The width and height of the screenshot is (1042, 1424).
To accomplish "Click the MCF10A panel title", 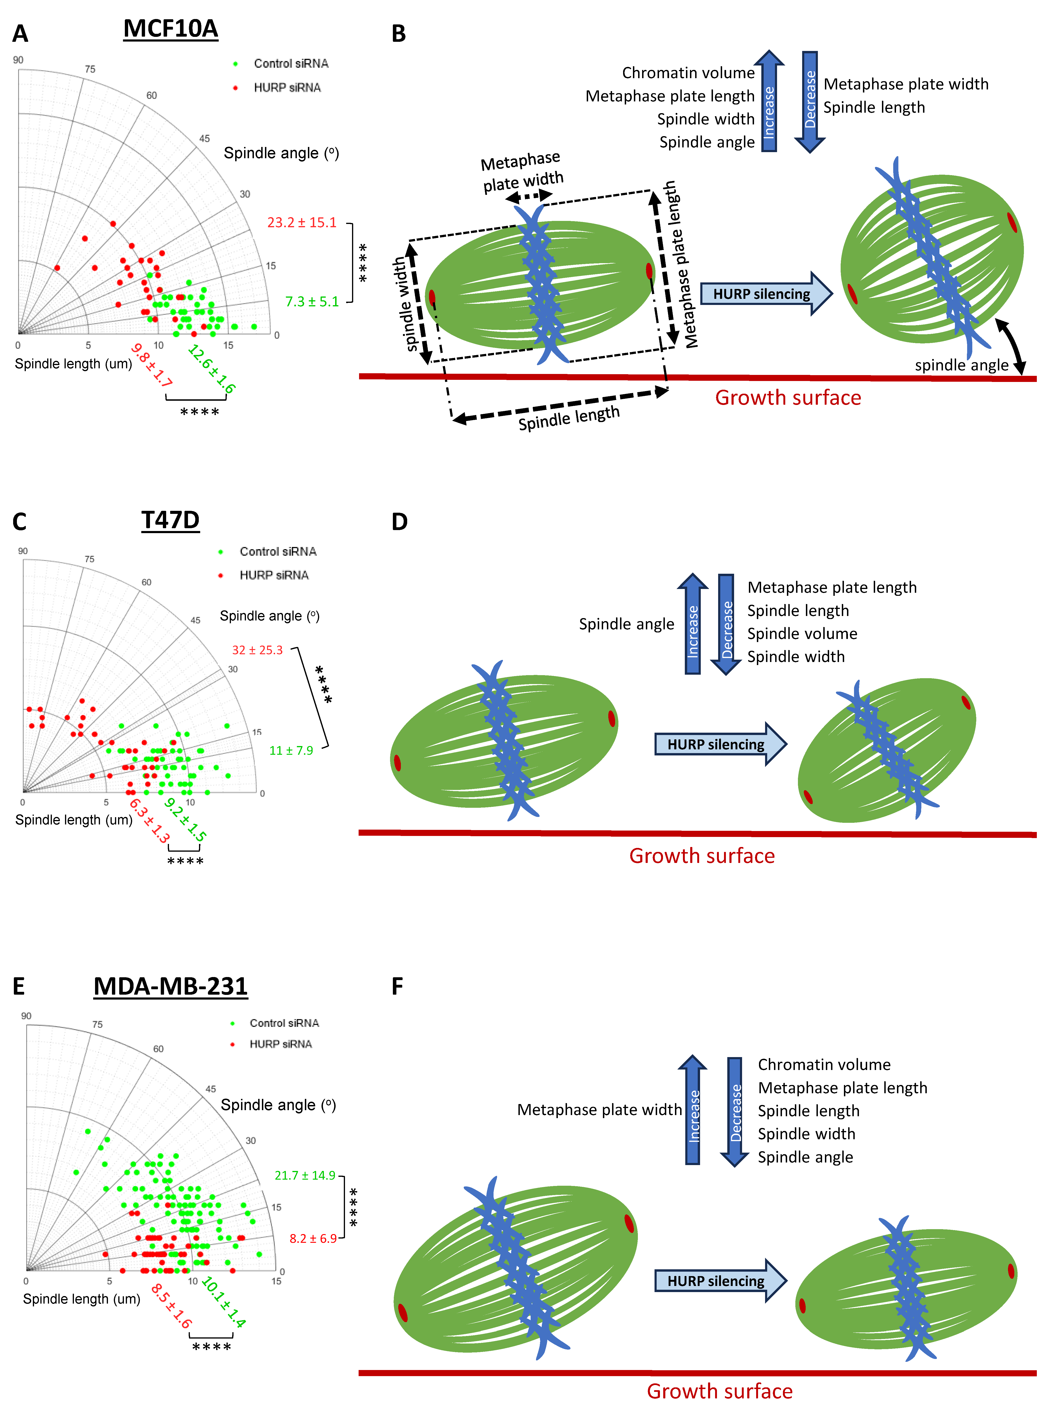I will click(x=170, y=29).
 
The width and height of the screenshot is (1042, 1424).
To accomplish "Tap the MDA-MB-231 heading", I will click(x=170, y=986).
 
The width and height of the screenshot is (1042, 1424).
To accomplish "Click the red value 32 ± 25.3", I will click(x=257, y=650).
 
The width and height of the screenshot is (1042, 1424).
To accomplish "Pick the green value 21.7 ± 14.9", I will click(x=305, y=1175).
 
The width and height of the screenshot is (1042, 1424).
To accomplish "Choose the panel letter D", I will click(x=399, y=522).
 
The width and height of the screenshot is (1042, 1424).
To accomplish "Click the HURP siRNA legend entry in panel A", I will click(x=287, y=88).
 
